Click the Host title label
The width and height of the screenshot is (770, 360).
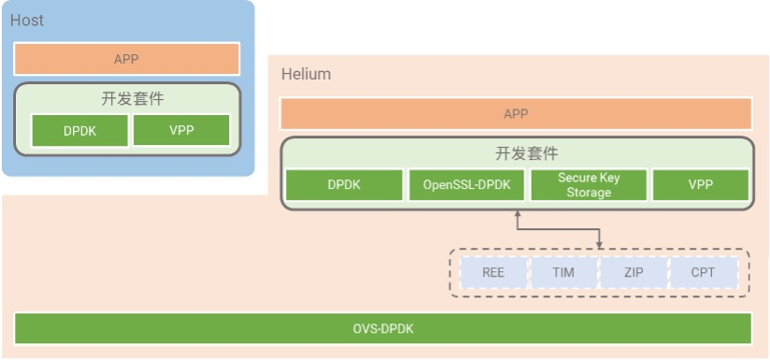(27, 20)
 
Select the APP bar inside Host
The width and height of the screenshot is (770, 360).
(126, 59)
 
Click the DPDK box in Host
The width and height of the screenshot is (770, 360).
(79, 130)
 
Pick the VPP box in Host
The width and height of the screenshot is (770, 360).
(181, 130)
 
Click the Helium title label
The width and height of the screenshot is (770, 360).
(306, 74)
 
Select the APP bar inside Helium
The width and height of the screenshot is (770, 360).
(516, 113)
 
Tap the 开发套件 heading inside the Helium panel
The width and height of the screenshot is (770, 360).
(516, 153)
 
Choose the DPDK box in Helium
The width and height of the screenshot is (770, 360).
(345, 185)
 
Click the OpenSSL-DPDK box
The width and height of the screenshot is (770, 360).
(467, 185)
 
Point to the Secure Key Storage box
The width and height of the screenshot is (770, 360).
(589, 185)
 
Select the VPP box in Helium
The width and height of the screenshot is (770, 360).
(700, 185)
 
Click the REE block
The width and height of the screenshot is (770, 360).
(493, 272)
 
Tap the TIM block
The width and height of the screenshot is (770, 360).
(563, 272)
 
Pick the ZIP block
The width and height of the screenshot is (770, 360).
(633, 272)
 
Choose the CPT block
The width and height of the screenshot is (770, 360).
(703, 272)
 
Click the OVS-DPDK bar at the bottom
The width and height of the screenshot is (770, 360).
(383, 328)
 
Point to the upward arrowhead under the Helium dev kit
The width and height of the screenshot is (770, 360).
(517, 216)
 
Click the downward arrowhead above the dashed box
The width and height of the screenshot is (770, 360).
(599, 244)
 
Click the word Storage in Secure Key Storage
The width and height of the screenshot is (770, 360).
(589, 193)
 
